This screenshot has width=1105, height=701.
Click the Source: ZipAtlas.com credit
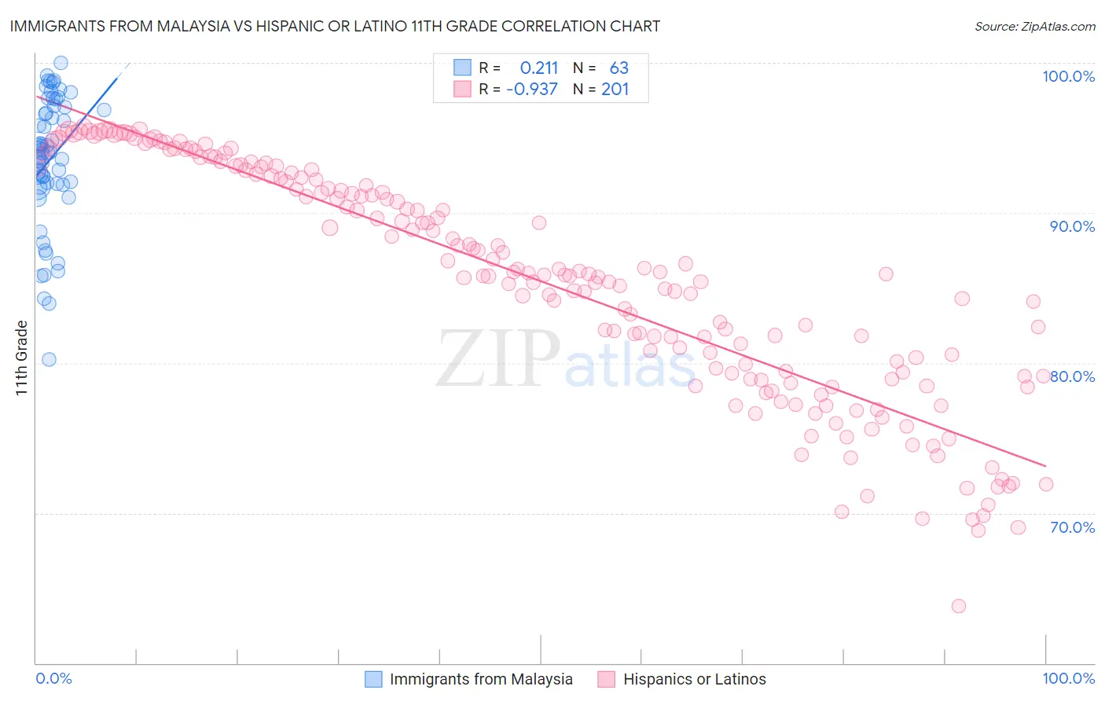click(x=1034, y=26)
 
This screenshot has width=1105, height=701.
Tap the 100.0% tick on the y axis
click(x=1068, y=76)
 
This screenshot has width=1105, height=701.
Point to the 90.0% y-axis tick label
click(x=1072, y=226)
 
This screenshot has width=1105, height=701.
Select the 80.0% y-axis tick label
click(x=1072, y=376)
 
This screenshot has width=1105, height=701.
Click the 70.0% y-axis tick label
click(x=1072, y=527)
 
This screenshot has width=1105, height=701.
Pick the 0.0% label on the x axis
click(x=53, y=678)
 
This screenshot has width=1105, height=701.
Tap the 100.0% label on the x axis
click(x=1068, y=678)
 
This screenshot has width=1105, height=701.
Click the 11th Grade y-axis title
click(x=22, y=358)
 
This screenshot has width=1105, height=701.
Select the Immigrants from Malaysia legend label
click(x=481, y=679)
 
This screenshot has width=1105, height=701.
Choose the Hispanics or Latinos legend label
click(x=694, y=679)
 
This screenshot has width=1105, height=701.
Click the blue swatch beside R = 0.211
click(x=462, y=68)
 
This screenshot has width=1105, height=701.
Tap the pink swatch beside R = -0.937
click(x=462, y=90)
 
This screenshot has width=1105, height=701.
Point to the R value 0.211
click(x=538, y=68)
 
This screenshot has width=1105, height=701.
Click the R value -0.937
click(x=531, y=90)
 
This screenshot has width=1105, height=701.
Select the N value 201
click(x=615, y=90)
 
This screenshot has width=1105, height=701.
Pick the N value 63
click(x=619, y=68)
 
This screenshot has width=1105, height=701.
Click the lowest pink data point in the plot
click(x=958, y=606)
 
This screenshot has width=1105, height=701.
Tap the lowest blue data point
click(x=49, y=359)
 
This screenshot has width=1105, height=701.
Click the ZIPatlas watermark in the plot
click(x=566, y=358)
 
